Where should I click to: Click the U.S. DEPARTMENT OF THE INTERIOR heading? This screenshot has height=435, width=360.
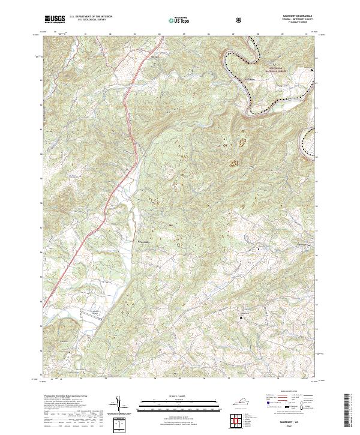click(x=91, y=17)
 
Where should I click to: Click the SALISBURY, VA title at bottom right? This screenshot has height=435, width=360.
click(x=292, y=422)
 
